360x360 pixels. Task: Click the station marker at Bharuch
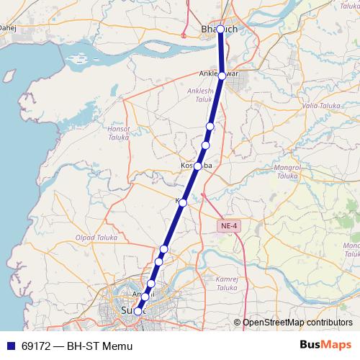220,30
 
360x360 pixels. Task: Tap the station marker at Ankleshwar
222,75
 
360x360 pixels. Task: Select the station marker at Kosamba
197,166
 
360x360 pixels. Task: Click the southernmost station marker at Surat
138,311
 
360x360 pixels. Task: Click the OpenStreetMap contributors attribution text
297,323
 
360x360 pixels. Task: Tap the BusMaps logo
325,346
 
